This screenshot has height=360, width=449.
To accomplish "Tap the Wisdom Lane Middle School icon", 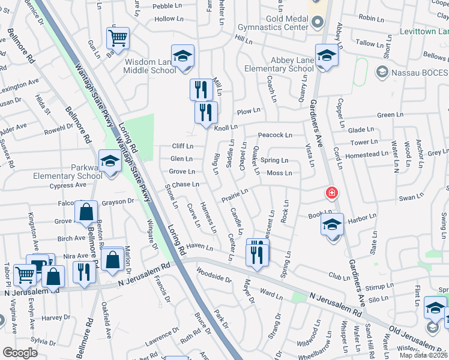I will [182, 56].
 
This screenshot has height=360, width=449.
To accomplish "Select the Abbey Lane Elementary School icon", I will [327, 56].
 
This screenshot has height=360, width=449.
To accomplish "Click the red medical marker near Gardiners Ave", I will [331, 193].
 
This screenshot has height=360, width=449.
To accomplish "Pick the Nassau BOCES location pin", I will [381, 72].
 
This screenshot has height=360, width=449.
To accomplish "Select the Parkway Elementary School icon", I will [110, 161].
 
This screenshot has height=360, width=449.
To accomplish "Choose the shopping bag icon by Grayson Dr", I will [86, 212].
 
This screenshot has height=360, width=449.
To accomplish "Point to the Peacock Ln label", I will [275, 135].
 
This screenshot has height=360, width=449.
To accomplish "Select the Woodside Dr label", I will [214, 275].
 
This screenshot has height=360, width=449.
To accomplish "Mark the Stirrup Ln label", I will [379, 287].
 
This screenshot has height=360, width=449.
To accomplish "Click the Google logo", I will [20, 353].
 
